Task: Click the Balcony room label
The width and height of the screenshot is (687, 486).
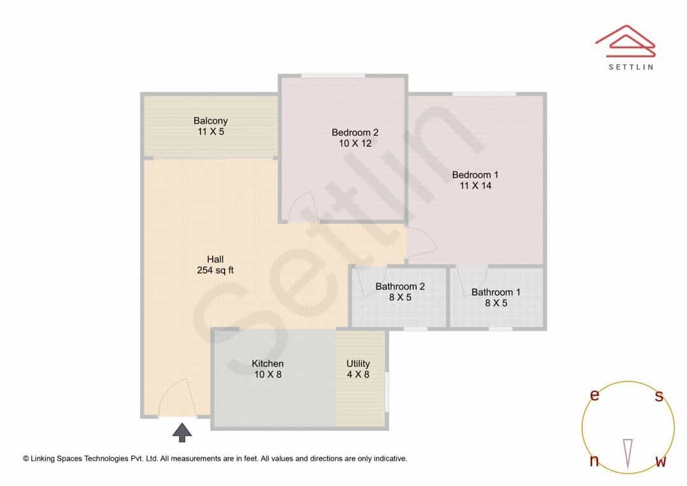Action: click(x=211, y=126)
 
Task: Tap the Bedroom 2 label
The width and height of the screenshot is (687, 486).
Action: click(x=355, y=137)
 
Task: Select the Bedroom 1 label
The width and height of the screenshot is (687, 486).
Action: click(x=475, y=180)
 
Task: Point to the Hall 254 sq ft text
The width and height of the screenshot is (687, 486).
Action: click(x=215, y=265)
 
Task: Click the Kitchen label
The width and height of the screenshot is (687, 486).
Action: click(x=268, y=368)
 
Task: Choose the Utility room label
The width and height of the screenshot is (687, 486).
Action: click(x=358, y=368)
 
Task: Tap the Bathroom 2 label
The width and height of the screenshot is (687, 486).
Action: click(x=400, y=291)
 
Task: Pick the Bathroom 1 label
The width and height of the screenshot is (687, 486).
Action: click(x=496, y=297)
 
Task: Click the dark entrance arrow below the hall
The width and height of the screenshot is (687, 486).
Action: click(x=182, y=433)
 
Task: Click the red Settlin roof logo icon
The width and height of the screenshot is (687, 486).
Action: click(x=625, y=41)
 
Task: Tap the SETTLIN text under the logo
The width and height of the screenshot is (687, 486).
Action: click(x=631, y=67)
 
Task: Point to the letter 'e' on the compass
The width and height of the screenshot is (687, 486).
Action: click(x=594, y=395)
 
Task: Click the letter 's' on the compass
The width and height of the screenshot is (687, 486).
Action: click(x=659, y=396)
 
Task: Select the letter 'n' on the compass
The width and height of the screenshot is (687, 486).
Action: click(x=594, y=461)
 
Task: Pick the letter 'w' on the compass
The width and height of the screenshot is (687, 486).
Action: click(x=661, y=461)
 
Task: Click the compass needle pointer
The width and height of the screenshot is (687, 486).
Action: click(x=628, y=454)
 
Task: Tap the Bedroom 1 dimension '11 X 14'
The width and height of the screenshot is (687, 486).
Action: click(x=475, y=186)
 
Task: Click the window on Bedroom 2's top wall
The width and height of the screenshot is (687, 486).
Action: click(x=333, y=76)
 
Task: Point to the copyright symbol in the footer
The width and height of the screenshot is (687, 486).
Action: click(x=26, y=459)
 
